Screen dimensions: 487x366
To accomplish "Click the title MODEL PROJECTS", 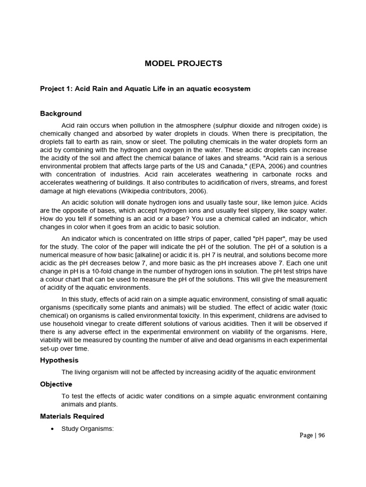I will click(183, 64).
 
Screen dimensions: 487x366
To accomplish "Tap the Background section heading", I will click(61, 114).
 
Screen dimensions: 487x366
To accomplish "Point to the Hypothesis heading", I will click(59, 360).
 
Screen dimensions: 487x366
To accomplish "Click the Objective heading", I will click(56, 384).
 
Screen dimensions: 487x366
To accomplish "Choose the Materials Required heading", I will click(72, 416).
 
